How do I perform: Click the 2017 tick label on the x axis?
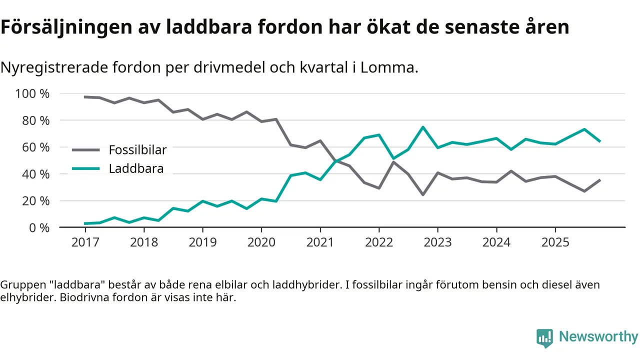pos(85,242)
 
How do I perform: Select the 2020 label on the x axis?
pos(261,242)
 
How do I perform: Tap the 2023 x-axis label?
pos(437,242)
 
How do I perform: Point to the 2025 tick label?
pos(555,242)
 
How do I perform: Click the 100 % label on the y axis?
pos(32,94)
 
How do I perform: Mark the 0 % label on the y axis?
pos(38,227)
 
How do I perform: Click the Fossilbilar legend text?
pos(137,149)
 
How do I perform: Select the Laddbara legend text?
pos(136,168)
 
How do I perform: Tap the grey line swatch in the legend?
pos(85,149)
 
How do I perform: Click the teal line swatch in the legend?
pos(85,168)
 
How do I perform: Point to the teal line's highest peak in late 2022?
pos(423,127)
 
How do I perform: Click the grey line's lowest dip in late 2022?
pos(423,194)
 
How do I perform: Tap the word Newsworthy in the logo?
pos(598,336)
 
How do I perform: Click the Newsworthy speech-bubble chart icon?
pos(544,338)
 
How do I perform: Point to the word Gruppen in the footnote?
pos(20,285)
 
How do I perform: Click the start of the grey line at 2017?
pos(85,97)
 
